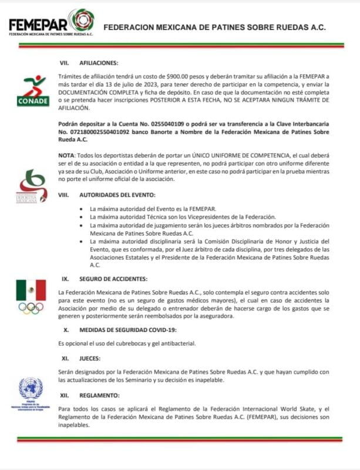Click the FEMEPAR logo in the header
51,24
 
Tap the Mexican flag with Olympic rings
31,296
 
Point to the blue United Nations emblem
31,391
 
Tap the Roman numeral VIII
65,194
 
